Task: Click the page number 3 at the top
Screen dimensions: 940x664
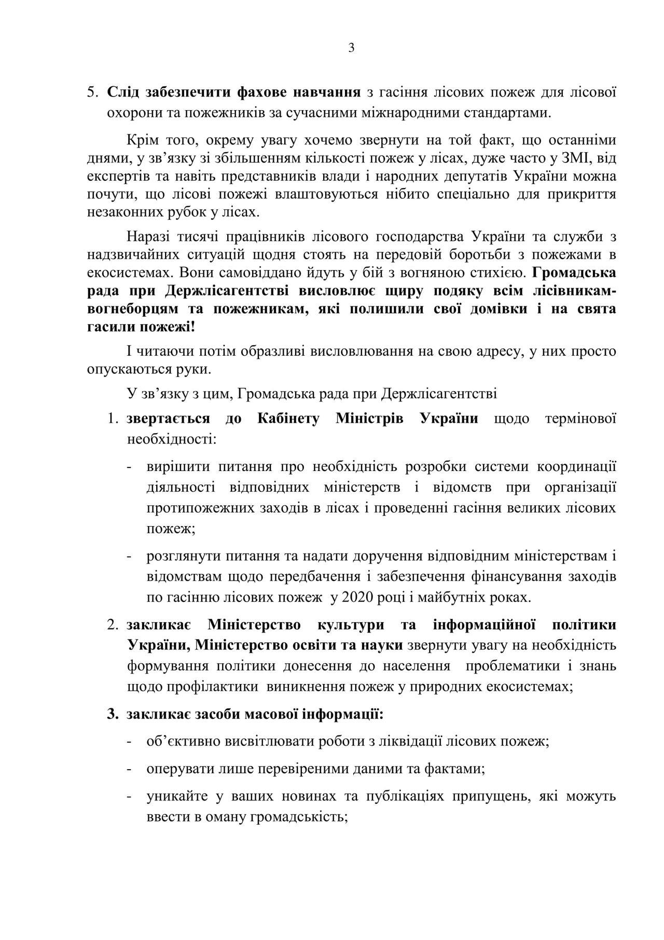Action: tap(351, 48)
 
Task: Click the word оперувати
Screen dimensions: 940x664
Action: tap(177, 769)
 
